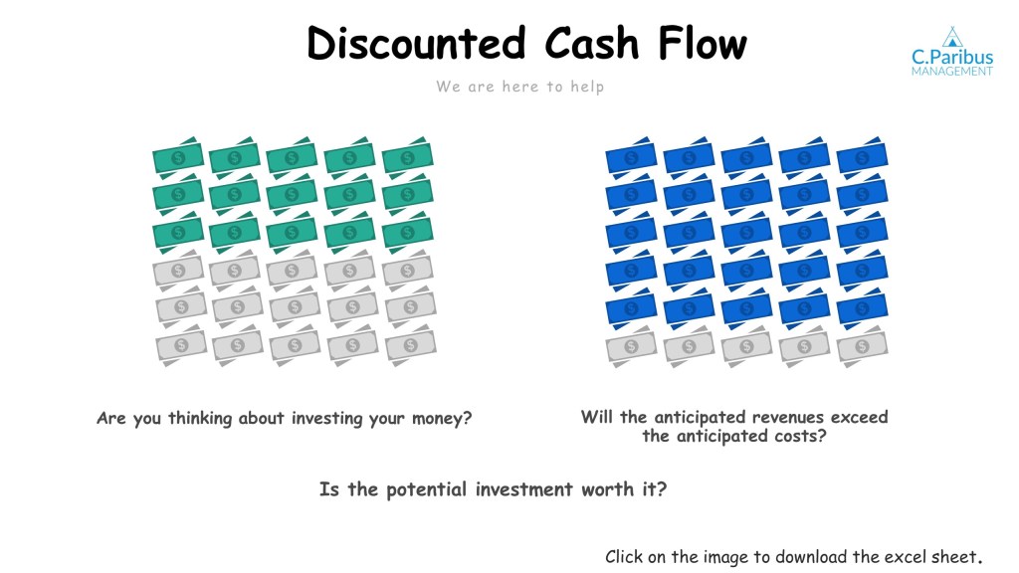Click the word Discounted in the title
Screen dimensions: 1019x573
coord(416,43)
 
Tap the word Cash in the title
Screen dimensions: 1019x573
coord(592,43)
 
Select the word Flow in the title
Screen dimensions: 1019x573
coord(703,43)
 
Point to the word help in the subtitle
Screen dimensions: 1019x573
coord(587,87)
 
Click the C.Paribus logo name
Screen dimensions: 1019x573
coord(952,57)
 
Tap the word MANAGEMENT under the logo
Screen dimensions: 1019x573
coord(952,72)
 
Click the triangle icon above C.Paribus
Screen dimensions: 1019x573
coord(952,37)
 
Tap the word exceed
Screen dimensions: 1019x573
coord(859,417)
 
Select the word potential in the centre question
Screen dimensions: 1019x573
coord(426,489)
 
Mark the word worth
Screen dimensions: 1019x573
coord(608,489)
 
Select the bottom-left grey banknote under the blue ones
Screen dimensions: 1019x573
coord(631,347)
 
